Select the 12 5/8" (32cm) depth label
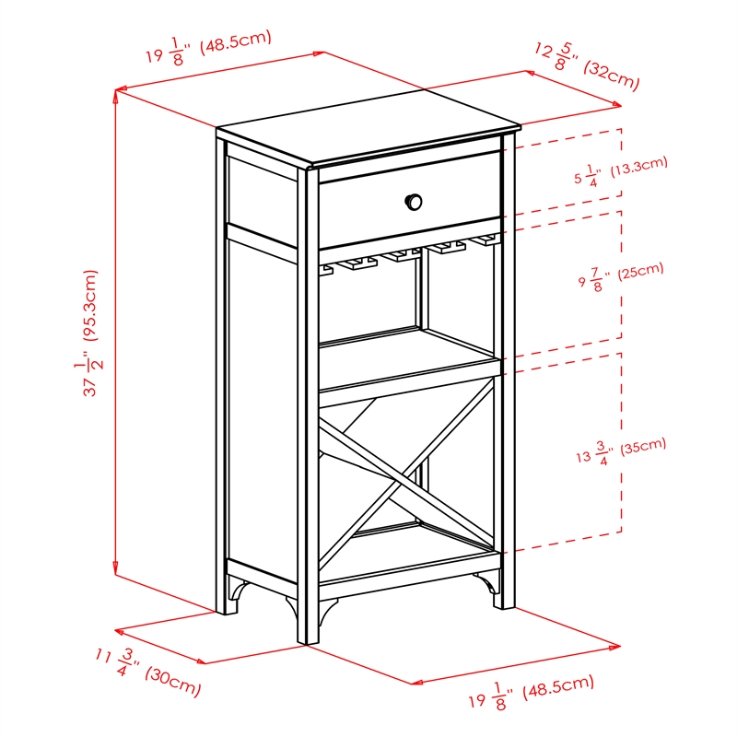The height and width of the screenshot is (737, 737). (586, 64)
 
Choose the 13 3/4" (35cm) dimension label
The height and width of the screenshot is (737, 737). (617, 450)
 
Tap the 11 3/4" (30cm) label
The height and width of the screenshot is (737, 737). (147, 672)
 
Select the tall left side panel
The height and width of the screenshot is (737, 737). (261, 405)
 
